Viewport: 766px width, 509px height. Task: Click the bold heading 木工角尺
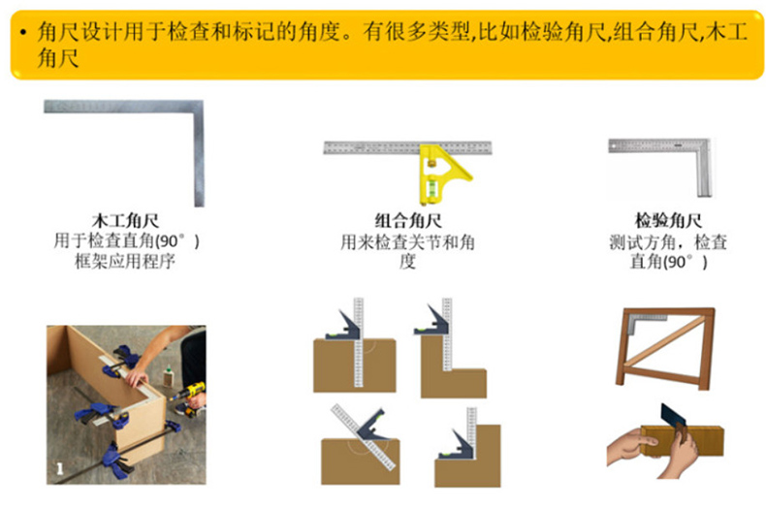point(125,221)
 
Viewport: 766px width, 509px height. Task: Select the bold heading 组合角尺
point(408,221)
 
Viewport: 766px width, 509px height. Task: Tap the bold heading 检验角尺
point(668,221)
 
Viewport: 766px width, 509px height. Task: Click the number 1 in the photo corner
point(59,469)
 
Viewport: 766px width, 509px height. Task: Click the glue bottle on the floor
point(169,376)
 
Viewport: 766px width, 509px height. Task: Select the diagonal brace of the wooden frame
point(665,341)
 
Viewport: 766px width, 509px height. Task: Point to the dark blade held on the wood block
point(673,415)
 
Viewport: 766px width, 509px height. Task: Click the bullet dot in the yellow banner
point(23,33)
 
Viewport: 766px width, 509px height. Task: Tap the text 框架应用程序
point(125,262)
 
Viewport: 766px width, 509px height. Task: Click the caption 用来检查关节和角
point(408,241)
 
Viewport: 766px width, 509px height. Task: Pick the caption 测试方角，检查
point(668,241)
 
